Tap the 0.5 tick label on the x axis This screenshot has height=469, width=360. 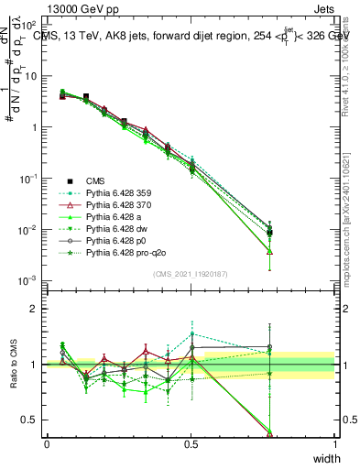(x=191, y=444)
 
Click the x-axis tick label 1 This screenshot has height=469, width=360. (x=334, y=444)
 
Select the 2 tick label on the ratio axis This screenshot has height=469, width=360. (x=34, y=309)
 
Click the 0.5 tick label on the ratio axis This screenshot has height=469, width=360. (x=29, y=420)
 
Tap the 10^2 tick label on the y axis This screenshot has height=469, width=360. (x=28, y=26)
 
